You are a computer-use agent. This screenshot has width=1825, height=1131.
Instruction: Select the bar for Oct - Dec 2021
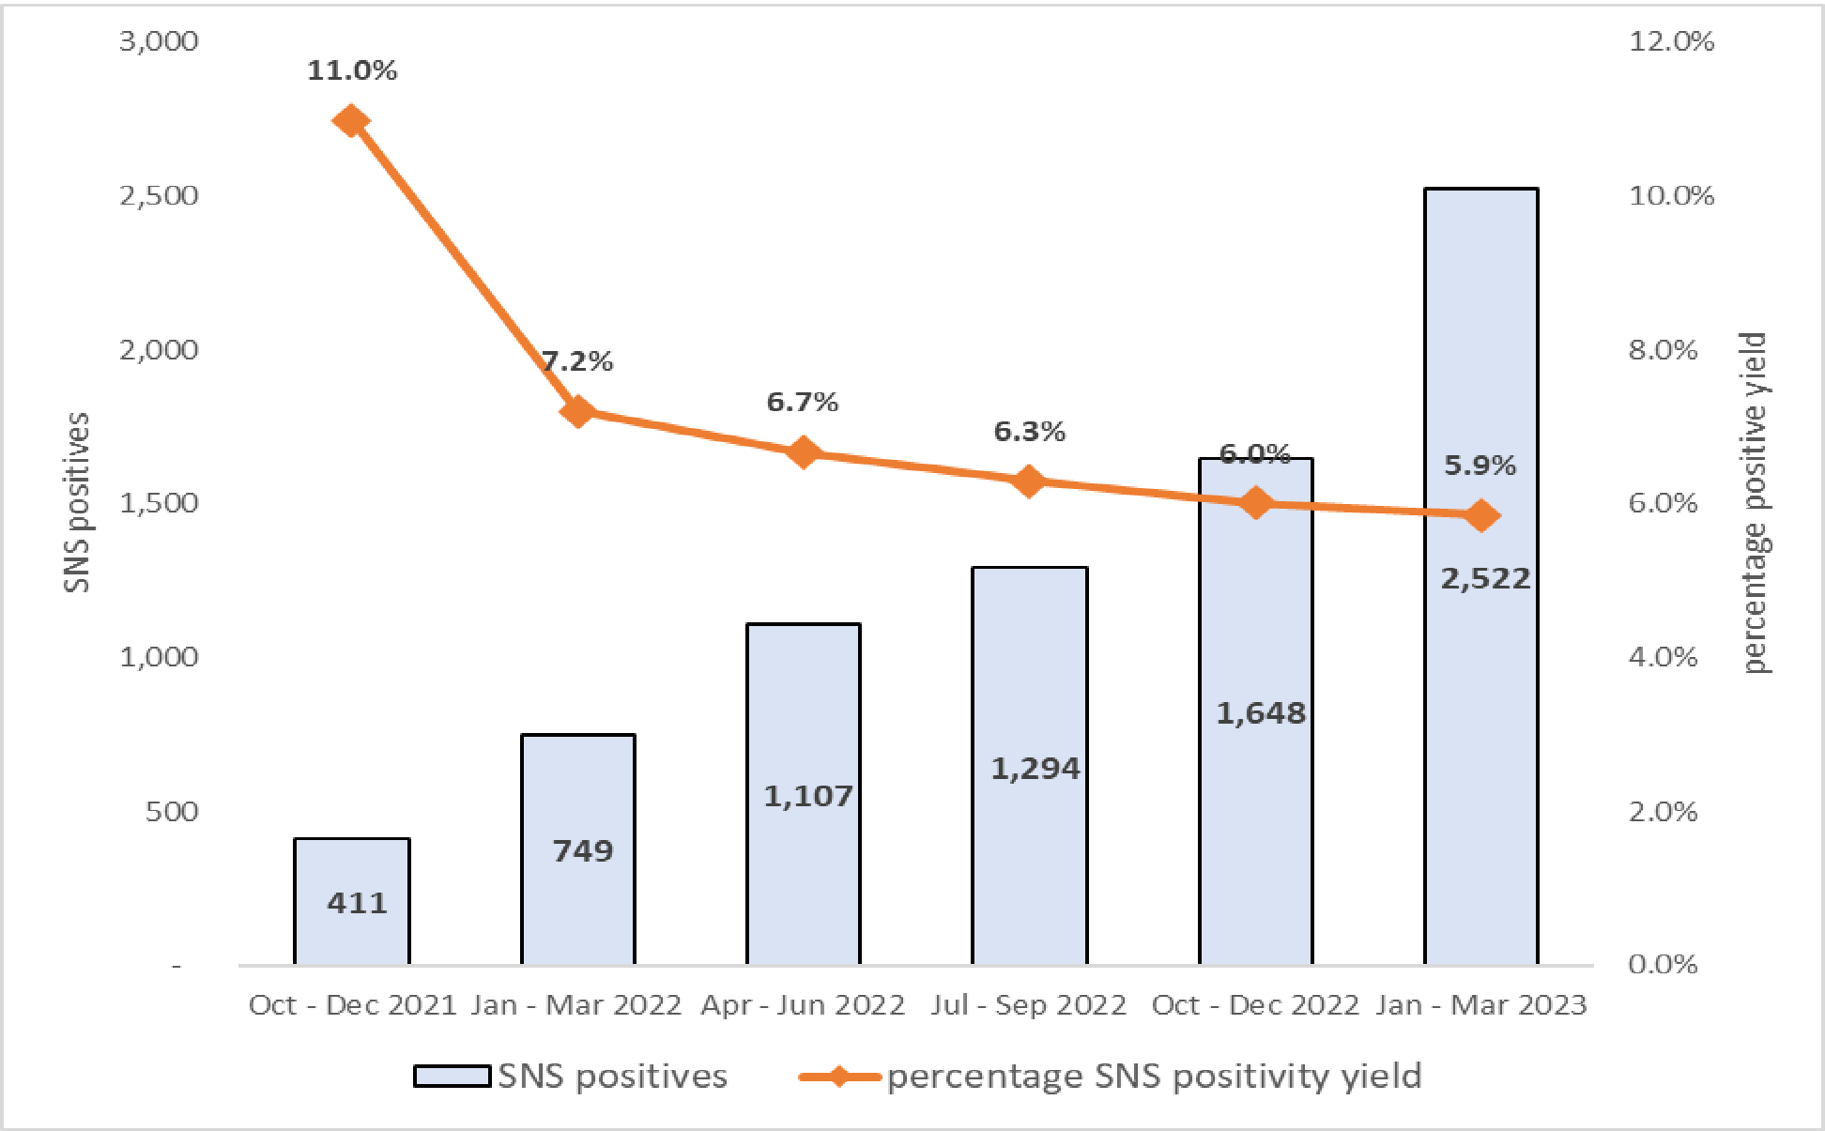click(352, 901)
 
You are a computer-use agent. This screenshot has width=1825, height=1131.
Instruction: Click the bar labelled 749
click(578, 849)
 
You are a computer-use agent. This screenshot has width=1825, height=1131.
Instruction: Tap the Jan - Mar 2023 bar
click(1480, 751)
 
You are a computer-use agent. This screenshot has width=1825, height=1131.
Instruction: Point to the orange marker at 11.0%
click(351, 121)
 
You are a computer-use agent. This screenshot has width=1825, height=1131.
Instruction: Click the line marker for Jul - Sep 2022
click(1029, 481)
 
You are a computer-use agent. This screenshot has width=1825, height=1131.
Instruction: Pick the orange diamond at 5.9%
click(1481, 515)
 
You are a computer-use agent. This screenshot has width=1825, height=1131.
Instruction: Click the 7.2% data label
click(577, 361)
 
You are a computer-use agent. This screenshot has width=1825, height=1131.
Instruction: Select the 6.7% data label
click(802, 402)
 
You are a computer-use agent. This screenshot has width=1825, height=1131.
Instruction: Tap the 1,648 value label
click(1261, 713)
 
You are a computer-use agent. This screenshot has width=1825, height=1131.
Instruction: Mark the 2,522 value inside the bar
click(1485, 578)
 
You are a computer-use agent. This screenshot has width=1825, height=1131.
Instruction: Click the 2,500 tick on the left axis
click(159, 195)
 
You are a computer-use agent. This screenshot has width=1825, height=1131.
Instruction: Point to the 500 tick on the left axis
click(172, 811)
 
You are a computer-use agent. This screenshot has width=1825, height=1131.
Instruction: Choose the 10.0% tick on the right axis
click(1671, 195)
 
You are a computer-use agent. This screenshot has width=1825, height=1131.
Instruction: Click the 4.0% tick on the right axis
click(1663, 657)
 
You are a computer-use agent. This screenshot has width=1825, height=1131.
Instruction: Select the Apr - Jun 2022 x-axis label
click(803, 1005)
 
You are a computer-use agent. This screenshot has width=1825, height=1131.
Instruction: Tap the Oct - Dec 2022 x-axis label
click(1255, 1005)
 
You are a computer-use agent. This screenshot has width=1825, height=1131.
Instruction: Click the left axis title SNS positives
click(78, 502)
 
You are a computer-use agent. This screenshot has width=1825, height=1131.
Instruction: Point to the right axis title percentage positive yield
click(1754, 502)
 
